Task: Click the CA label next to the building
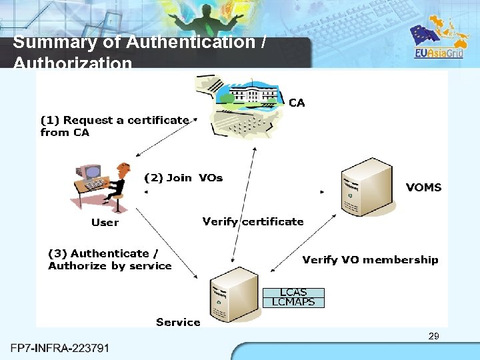[x=297, y=103]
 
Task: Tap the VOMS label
[x=423, y=187]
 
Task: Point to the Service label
[x=178, y=322]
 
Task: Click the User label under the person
[x=105, y=223]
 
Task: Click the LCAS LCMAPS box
[x=293, y=297]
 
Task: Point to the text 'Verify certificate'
[x=253, y=221]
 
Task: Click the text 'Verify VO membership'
[x=370, y=260]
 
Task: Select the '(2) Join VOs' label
[x=183, y=178]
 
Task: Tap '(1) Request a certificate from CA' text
[x=115, y=126]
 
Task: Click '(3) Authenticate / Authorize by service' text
[x=110, y=259]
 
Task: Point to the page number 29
[x=433, y=336]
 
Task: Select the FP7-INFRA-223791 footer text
[x=60, y=348]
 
